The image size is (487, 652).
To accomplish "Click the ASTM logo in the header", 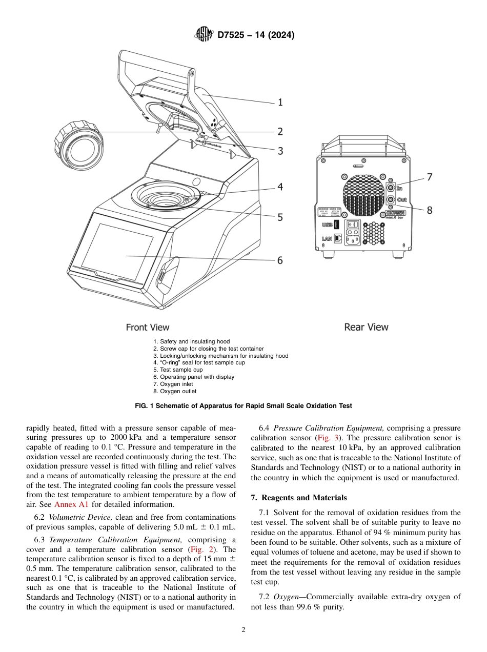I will [x=204, y=35].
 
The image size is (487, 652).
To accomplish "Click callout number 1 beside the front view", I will [x=280, y=103].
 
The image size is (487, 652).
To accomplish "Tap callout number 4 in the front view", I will [x=280, y=187].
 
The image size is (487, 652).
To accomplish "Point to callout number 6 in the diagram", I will [x=280, y=260].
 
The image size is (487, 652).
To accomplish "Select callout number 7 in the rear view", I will [x=429, y=177].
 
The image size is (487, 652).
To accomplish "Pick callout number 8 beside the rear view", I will [x=429, y=210].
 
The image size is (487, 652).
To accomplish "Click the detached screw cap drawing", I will [x=79, y=146].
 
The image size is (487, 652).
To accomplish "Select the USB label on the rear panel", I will [x=327, y=225].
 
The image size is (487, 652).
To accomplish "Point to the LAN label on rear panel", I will [x=327, y=238].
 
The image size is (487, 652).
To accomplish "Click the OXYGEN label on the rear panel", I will [x=395, y=212].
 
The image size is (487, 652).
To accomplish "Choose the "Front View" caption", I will [x=148, y=327].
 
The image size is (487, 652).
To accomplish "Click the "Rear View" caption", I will [x=366, y=327].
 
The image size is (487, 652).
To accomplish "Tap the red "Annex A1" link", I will [x=71, y=504].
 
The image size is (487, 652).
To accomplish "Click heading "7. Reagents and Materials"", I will [x=299, y=498].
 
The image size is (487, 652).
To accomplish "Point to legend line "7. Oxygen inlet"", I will [x=173, y=384].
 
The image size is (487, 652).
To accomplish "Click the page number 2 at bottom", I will [x=243, y=630].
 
